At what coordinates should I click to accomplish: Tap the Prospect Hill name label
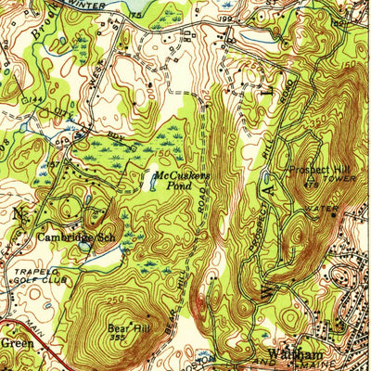tap(317, 171)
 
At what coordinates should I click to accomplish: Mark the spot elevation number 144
tap(38, 96)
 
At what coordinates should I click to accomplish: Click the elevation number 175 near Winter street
tap(137, 16)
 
